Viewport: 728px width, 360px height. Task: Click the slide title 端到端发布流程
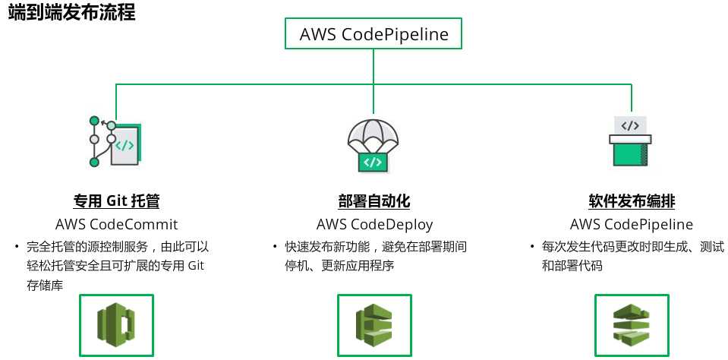[x=72, y=13]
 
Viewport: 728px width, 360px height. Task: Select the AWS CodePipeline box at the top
[x=373, y=34]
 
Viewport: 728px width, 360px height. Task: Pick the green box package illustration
[x=630, y=143]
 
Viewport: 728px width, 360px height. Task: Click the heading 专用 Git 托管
[x=116, y=202]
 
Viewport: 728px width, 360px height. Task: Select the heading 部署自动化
[x=374, y=202]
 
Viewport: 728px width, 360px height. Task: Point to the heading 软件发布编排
[x=632, y=202]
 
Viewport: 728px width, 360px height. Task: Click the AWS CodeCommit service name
[x=116, y=225]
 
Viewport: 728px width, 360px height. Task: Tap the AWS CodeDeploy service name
[x=374, y=225]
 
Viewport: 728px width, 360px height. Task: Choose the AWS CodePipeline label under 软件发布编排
[x=632, y=225]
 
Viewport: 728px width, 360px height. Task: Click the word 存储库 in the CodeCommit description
[x=44, y=285]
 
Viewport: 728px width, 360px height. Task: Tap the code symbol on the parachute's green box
[x=372, y=162]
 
